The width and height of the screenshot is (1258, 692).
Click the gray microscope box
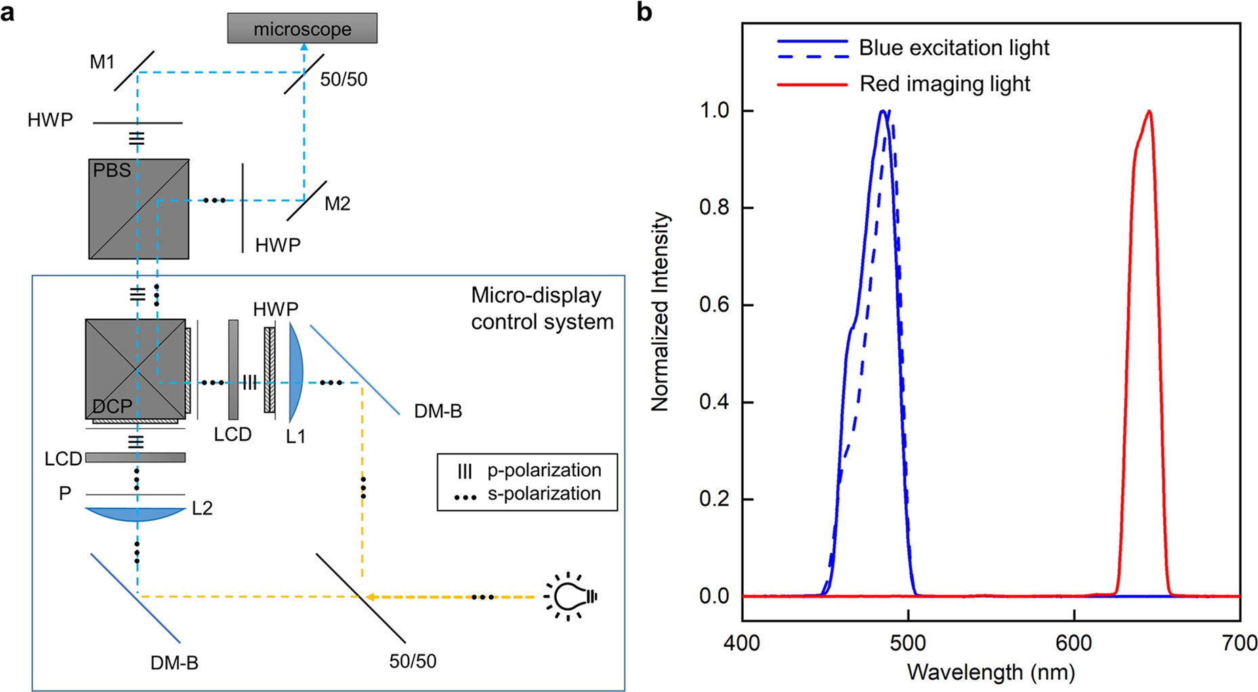(x=302, y=29)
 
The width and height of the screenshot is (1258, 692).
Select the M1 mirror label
(x=102, y=62)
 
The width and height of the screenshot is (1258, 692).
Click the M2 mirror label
(x=337, y=204)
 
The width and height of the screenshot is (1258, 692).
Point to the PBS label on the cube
(x=112, y=170)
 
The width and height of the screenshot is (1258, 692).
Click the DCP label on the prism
(x=112, y=406)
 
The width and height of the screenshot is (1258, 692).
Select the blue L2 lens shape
(x=135, y=515)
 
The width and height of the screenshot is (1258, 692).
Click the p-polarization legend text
(x=544, y=470)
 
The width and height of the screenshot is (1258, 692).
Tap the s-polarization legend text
(x=544, y=494)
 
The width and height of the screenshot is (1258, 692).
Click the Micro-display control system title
(x=542, y=308)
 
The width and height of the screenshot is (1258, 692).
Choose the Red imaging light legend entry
(x=944, y=84)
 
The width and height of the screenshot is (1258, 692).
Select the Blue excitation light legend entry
(x=954, y=48)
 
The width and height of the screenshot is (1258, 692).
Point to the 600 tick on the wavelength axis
(x=1074, y=642)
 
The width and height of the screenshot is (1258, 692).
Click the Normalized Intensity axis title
(x=661, y=311)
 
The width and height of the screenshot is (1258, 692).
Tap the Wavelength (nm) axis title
(x=990, y=672)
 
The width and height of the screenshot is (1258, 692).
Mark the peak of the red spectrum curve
(x=1149, y=111)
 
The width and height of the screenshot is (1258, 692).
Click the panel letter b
(x=644, y=12)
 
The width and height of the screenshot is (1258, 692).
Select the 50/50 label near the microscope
(x=343, y=80)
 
